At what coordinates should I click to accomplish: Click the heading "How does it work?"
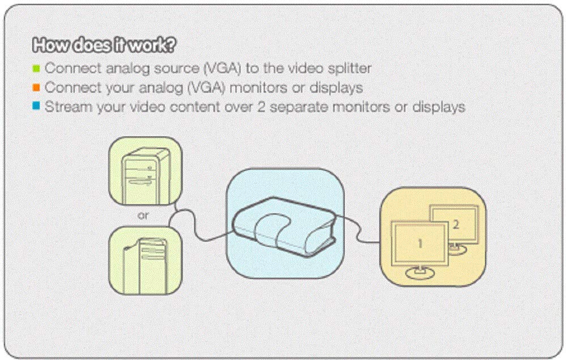click(104, 45)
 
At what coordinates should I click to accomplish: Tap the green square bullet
click(36, 68)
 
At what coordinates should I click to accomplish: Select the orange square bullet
click(36, 87)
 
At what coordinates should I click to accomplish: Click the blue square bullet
click(36, 106)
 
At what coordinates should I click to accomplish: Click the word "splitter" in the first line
click(349, 68)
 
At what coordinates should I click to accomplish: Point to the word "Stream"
click(67, 107)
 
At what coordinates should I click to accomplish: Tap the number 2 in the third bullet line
click(261, 107)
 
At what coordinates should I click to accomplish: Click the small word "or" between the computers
click(143, 216)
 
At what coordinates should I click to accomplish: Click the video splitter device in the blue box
click(284, 226)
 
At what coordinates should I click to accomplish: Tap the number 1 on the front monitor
click(420, 244)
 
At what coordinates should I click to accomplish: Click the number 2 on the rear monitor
click(456, 225)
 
